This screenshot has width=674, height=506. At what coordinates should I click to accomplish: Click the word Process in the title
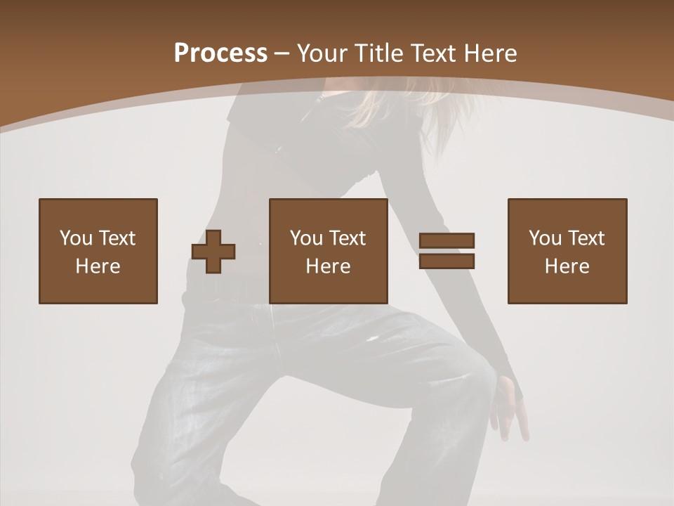(x=220, y=53)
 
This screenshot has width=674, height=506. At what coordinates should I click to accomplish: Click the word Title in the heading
(x=379, y=53)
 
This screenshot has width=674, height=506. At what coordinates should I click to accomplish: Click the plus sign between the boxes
(x=213, y=252)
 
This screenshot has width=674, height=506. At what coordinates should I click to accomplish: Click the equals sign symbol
(x=447, y=251)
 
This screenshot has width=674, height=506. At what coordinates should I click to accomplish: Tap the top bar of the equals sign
(x=447, y=241)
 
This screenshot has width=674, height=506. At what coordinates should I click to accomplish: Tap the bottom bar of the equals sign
(x=447, y=261)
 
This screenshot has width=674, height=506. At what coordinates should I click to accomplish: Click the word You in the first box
(x=76, y=238)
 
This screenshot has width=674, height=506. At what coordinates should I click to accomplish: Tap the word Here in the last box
(x=567, y=266)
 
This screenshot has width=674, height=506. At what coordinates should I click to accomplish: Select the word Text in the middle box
(x=348, y=238)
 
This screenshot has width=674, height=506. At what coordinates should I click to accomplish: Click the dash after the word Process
(x=282, y=53)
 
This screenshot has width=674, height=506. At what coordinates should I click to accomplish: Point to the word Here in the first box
(x=98, y=266)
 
